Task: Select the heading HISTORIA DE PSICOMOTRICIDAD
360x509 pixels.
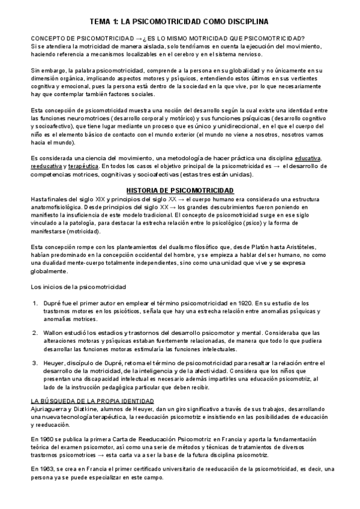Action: [179, 191]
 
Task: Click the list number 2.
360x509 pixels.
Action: [35, 333]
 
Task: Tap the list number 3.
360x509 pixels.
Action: [35, 362]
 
